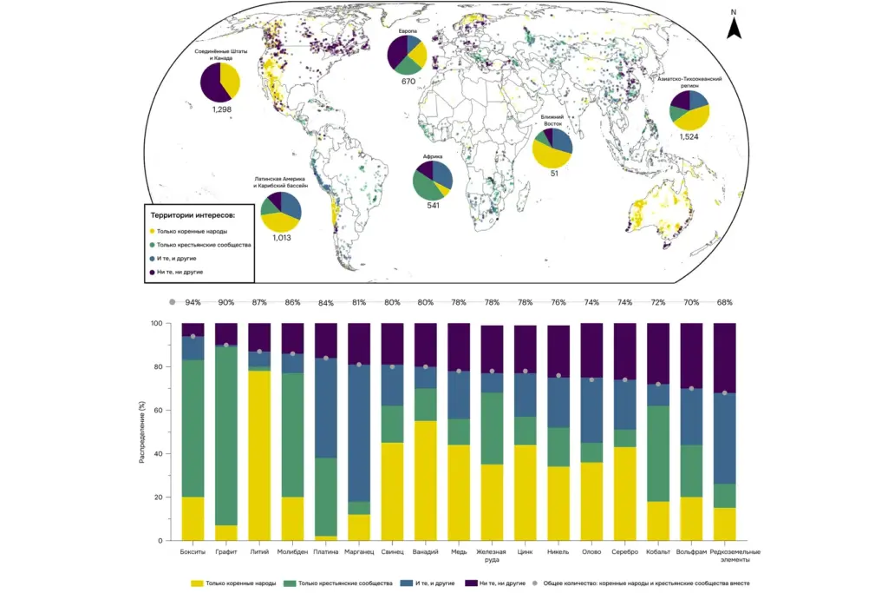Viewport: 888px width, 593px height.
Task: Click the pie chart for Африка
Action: click(x=432, y=180)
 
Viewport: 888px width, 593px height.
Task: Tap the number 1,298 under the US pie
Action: click(x=221, y=110)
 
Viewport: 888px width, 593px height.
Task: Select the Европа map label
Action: click(x=408, y=31)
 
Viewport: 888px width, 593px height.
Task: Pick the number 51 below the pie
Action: click(x=553, y=174)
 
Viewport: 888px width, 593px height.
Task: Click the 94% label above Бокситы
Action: click(x=193, y=302)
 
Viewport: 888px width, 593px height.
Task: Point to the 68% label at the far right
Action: click(x=724, y=302)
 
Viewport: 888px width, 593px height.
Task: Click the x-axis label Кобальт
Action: click(x=657, y=552)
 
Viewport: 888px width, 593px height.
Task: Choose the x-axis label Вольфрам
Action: click(x=691, y=552)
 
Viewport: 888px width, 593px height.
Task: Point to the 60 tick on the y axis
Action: click(x=157, y=410)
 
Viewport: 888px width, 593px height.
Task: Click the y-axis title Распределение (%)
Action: click(x=141, y=432)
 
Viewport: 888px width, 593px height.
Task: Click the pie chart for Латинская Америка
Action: click(x=281, y=211)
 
